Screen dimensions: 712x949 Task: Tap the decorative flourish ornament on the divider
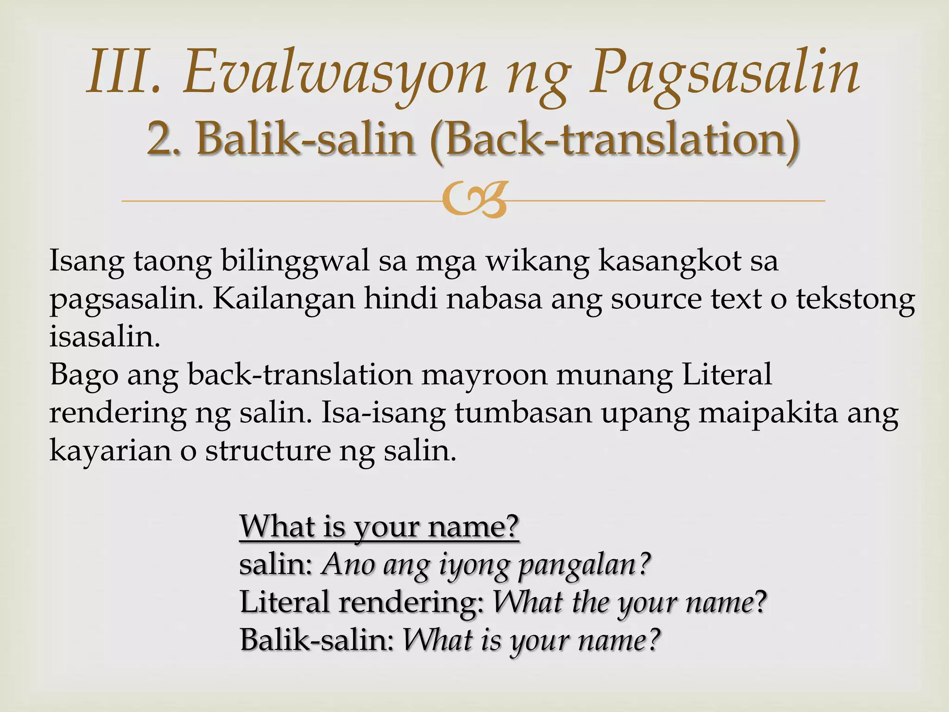tap(474, 200)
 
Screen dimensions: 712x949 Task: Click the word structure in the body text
tap(268, 450)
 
